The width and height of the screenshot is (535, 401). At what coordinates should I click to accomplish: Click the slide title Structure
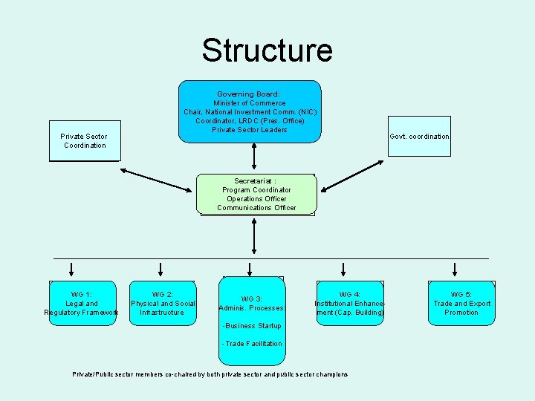click(267, 50)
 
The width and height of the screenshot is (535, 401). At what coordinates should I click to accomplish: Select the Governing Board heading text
click(248, 94)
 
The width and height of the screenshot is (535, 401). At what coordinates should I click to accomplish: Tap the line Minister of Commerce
click(250, 103)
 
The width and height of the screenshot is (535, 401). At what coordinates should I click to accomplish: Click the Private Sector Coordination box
click(85, 140)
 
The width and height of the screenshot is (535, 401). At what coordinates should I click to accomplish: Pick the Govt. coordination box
click(419, 137)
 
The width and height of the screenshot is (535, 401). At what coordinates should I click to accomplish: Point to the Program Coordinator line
click(256, 190)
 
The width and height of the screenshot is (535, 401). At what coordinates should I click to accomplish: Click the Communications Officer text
click(256, 208)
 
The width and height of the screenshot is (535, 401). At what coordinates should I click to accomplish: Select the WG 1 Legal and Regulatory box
click(82, 303)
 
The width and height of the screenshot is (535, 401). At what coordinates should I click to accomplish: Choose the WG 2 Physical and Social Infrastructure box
click(163, 303)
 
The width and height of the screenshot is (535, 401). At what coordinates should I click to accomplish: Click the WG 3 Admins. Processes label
click(253, 303)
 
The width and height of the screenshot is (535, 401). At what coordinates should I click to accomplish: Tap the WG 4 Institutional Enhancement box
click(349, 303)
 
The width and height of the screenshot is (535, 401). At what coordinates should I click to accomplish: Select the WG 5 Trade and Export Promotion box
click(461, 303)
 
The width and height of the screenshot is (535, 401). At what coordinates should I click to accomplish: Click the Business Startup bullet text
click(252, 326)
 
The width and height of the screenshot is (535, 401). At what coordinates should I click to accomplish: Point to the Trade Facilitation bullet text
click(253, 344)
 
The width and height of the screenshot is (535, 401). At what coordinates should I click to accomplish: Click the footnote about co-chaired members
click(210, 374)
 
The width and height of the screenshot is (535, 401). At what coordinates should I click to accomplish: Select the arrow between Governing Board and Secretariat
click(254, 157)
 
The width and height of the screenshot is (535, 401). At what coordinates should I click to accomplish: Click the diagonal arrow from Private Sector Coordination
click(156, 180)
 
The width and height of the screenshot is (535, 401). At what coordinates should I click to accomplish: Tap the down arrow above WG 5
click(455, 269)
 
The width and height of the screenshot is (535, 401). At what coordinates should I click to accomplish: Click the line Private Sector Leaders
click(250, 130)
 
